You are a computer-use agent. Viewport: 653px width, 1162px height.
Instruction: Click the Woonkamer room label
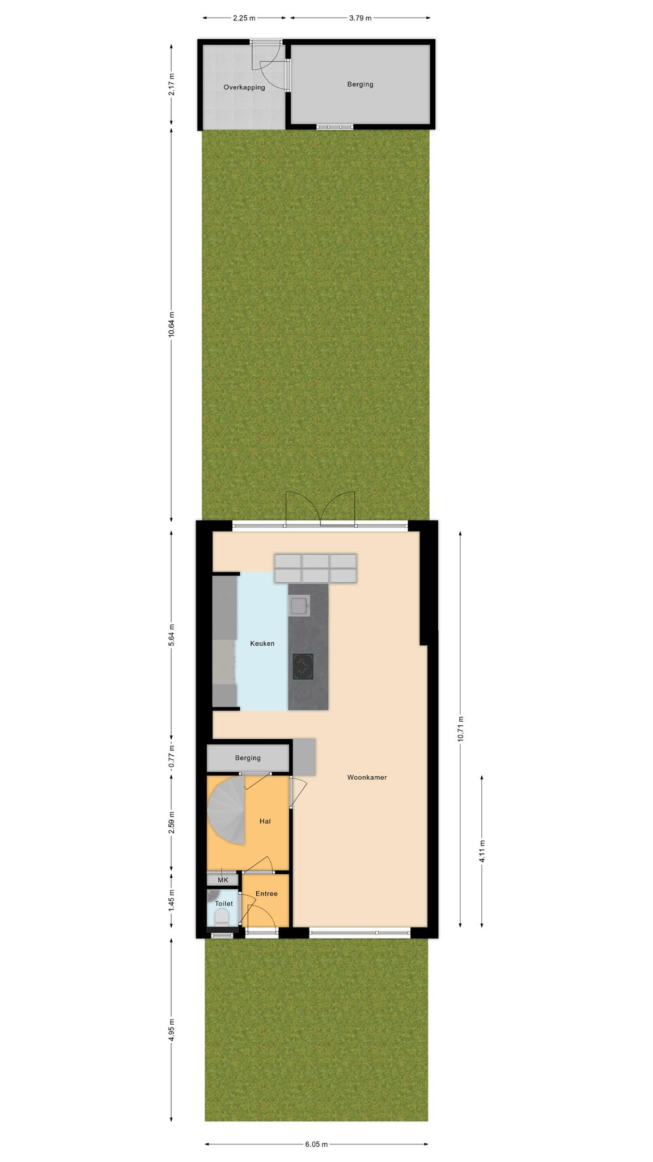tap(367, 777)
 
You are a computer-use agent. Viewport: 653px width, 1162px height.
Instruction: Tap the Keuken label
tap(262, 643)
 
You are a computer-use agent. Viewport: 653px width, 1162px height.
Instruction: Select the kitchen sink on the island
tap(299, 606)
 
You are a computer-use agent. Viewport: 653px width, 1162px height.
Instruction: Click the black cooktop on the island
tap(303, 667)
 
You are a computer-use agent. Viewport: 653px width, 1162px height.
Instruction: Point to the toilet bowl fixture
tap(222, 917)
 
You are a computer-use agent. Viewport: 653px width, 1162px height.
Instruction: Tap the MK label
tap(223, 880)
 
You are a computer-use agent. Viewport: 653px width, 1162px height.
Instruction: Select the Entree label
tap(266, 894)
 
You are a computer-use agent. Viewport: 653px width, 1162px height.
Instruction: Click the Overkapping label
tap(244, 87)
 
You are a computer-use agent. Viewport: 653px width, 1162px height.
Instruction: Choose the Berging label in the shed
tap(361, 85)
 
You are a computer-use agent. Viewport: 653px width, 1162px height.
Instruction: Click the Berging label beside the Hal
tap(248, 758)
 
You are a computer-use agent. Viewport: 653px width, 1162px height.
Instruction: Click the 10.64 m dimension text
tap(171, 325)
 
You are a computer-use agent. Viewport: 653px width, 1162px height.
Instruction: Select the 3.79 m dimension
tap(361, 18)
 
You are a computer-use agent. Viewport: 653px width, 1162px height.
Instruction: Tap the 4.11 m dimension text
tap(482, 851)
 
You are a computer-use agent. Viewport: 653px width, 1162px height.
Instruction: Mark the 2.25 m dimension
tap(244, 18)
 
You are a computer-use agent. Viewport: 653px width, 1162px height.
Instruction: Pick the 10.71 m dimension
tap(460, 729)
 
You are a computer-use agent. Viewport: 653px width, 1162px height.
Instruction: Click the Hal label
tap(265, 821)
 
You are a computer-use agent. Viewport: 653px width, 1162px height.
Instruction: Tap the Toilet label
tap(224, 904)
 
